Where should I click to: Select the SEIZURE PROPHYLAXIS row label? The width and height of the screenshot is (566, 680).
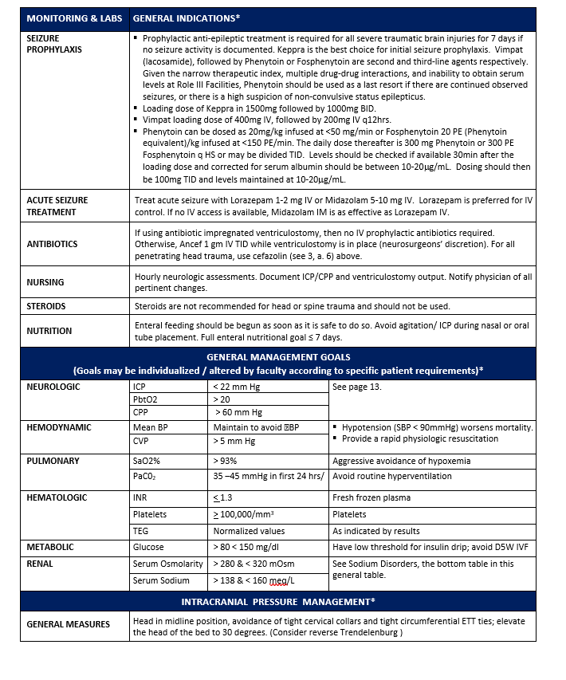55,44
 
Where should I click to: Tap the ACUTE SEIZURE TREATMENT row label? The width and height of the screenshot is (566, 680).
57,206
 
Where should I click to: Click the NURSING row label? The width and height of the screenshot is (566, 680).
45,282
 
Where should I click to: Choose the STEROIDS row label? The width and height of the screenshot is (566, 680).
46,306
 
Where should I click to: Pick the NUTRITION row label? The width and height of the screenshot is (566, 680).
49,331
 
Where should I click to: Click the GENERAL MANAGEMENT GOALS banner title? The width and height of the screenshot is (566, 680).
278,357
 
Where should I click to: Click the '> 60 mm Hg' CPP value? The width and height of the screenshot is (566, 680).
238,413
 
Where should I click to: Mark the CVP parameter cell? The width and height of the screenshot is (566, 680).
143,441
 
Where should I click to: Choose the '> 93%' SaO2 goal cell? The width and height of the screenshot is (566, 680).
225,462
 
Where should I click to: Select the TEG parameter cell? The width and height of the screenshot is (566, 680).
141,531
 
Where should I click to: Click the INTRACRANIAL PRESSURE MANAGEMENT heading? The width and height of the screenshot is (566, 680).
278,600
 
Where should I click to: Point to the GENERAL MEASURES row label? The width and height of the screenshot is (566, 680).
69,624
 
